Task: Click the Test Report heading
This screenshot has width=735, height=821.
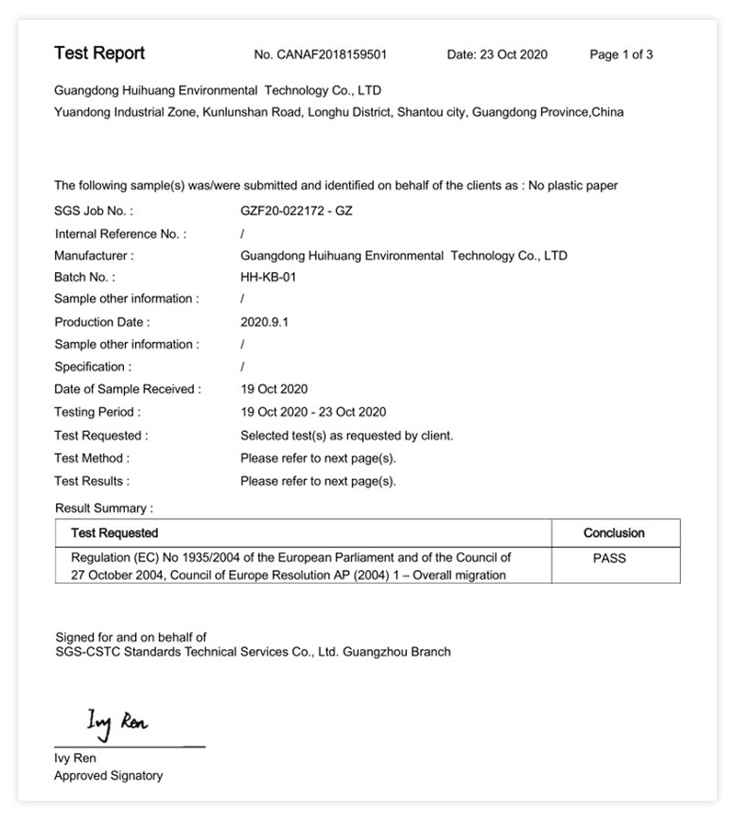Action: (x=99, y=53)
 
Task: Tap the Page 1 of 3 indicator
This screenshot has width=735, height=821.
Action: (x=621, y=54)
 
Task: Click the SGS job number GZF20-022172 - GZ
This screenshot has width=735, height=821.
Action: (x=296, y=211)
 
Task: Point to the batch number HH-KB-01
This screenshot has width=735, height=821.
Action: (x=268, y=277)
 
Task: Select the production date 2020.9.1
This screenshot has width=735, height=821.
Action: (x=264, y=322)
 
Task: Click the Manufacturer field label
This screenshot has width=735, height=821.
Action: (x=94, y=256)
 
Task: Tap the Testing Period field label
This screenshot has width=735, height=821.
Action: (x=97, y=412)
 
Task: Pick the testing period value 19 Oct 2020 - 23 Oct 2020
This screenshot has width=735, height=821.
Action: (x=312, y=412)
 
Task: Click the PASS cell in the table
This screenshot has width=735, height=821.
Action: (x=609, y=557)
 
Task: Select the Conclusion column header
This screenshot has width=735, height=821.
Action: (x=614, y=532)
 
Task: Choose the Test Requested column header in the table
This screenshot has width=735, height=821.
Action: (x=114, y=532)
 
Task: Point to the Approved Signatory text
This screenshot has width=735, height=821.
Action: (x=108, y=775)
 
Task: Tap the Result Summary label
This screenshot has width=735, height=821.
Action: (x=104, y=507)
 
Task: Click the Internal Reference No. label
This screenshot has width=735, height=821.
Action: (x=119, y=234)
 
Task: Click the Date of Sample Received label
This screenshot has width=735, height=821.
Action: (x=128, y=389)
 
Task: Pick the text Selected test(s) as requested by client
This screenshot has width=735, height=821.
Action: (x=346, y=435)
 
